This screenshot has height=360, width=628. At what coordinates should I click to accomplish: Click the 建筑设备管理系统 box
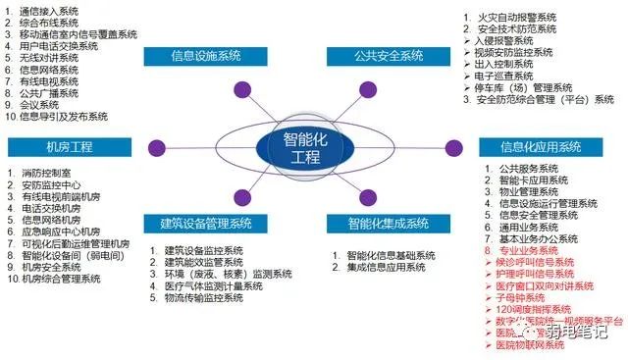[207, 224]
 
